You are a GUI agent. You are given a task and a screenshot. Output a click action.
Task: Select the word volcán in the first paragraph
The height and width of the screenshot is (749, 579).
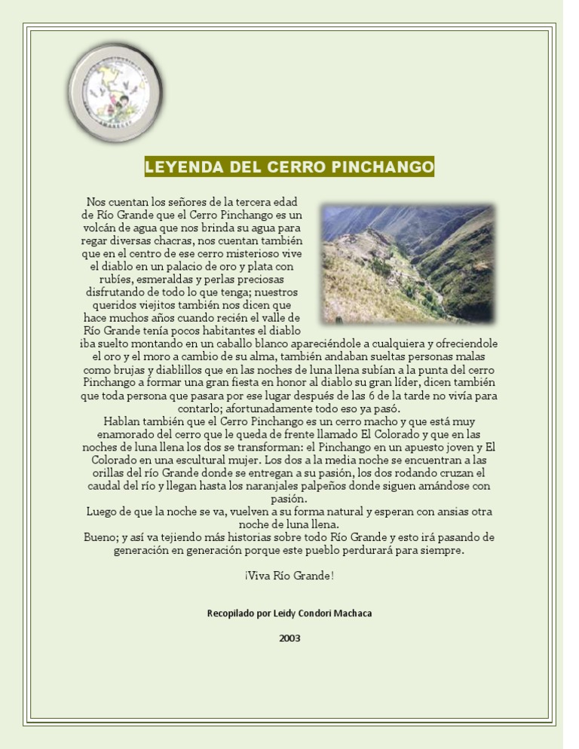[x=101, y=228]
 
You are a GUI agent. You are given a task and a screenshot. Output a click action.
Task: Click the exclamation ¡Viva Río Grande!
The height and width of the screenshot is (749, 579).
[x=289, y=576]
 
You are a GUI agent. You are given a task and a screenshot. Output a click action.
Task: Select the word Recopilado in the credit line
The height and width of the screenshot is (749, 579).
[x=231, y=613]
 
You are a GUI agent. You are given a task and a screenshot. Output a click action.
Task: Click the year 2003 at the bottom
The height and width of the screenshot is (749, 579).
[x=289, y=639]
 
